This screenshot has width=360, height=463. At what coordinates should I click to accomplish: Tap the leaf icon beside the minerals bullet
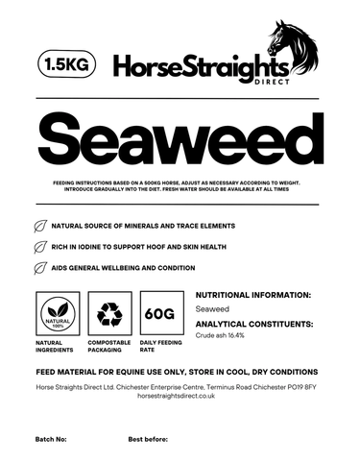tap(40, 228)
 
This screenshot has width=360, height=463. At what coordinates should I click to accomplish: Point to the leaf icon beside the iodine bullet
tap(40, 248)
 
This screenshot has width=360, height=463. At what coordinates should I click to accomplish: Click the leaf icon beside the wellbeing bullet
tap(40, 268)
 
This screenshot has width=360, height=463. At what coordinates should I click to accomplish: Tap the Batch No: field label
tap(50, 438)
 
